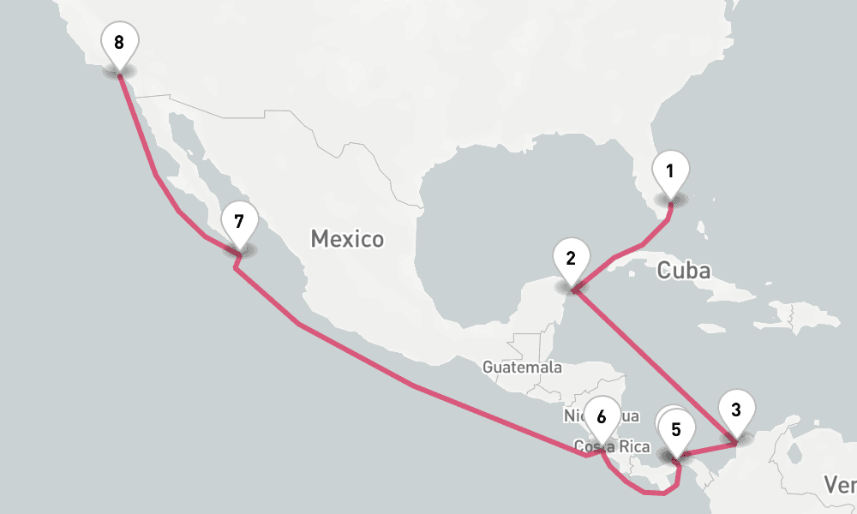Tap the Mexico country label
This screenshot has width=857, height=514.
click(x=347, y=238)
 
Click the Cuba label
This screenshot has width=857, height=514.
click(x=683, y=271)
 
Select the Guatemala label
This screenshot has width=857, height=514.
click(x=522, y=368)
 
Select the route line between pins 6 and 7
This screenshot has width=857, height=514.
click(x=411, y=385)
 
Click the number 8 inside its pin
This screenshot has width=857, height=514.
click(x=118, y=41)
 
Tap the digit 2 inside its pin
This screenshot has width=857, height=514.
click(x=571, y=256)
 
